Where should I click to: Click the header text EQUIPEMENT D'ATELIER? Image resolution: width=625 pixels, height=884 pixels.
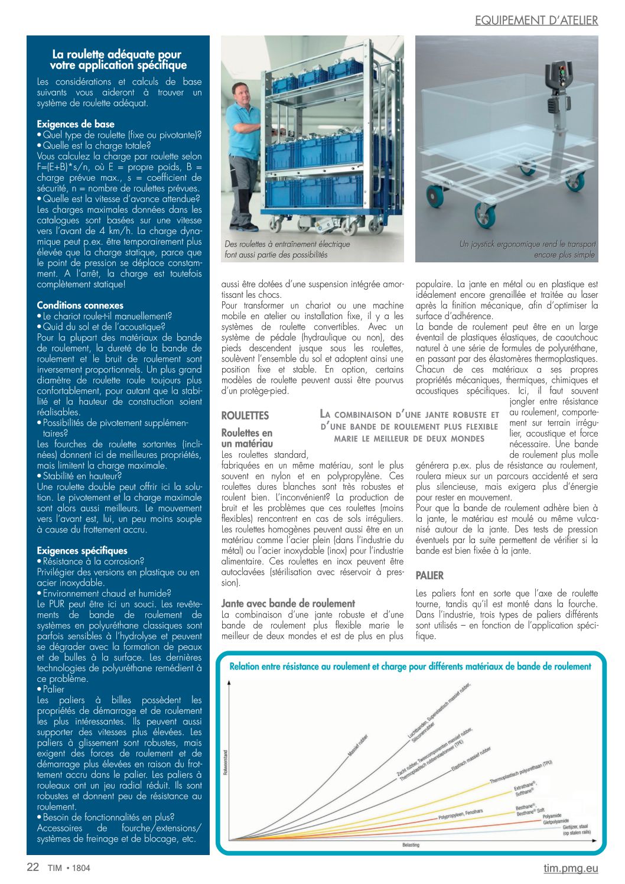pyautogui.click(x=536, y=20)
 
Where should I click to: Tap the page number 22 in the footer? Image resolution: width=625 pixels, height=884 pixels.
pyautogui.click(x=33, y=867)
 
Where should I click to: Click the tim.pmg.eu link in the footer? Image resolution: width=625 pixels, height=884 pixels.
pyautogui.click(x=571, y=868)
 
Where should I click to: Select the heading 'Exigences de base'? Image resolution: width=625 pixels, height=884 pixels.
pyautogui.click(x=76, y=124)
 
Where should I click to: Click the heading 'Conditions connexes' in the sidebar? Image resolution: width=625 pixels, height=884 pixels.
pyautogui.click(x=80, y=305)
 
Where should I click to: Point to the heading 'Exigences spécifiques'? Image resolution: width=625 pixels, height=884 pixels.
pyautogui.click(x=82, y=551)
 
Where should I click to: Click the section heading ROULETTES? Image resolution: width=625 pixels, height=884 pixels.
pyautogui.click(x=245, y=415)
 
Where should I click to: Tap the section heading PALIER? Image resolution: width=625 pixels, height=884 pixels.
pyautogui.click(x=429, y=576)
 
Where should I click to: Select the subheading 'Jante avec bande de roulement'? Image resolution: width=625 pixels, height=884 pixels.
pyautogui.click(x=288, y=603)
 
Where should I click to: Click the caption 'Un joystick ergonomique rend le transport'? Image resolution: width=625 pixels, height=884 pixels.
pyautogui.click(x=528, y=244)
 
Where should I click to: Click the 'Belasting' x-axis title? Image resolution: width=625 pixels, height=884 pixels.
pyautogui.click(x=411, y=845)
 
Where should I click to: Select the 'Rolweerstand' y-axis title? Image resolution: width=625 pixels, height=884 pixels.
pyautogui.click(x=225, y=762)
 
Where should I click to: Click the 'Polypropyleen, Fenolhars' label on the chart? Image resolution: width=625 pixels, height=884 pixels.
pyautogui.click(x=461, y=814)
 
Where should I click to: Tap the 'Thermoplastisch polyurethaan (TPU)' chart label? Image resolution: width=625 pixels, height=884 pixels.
pyautogui.click(x=521, y=772)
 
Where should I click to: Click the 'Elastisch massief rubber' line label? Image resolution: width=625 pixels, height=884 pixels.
pyautogui.click(x=471, y=760)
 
